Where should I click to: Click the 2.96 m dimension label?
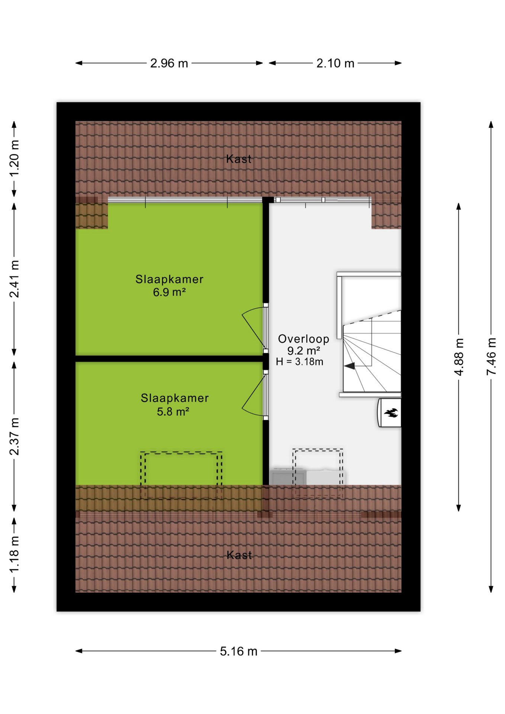(x=169, y=63)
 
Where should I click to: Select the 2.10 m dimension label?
(x=335, y=63)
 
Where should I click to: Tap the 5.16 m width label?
(x=238, y=651)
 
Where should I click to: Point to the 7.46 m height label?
(x=491, y=356)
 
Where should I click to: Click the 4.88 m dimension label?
(x=459, y=357)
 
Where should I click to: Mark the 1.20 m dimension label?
(x=14, y=159)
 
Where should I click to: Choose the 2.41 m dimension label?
(x=14, y=279)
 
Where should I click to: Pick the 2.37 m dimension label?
(x=14, y=436)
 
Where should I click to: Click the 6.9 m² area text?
(x=169, y=292)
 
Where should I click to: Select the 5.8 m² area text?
(x=173, y=412)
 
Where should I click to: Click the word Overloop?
(x=303, y=339)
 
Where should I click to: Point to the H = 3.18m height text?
(x=299, y=361)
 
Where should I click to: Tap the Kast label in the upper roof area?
(x=239, y=159)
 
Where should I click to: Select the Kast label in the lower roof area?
(x=239, y=555)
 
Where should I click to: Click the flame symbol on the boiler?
(x=391, y=412)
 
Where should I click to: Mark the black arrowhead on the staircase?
(x=349, y=366)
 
